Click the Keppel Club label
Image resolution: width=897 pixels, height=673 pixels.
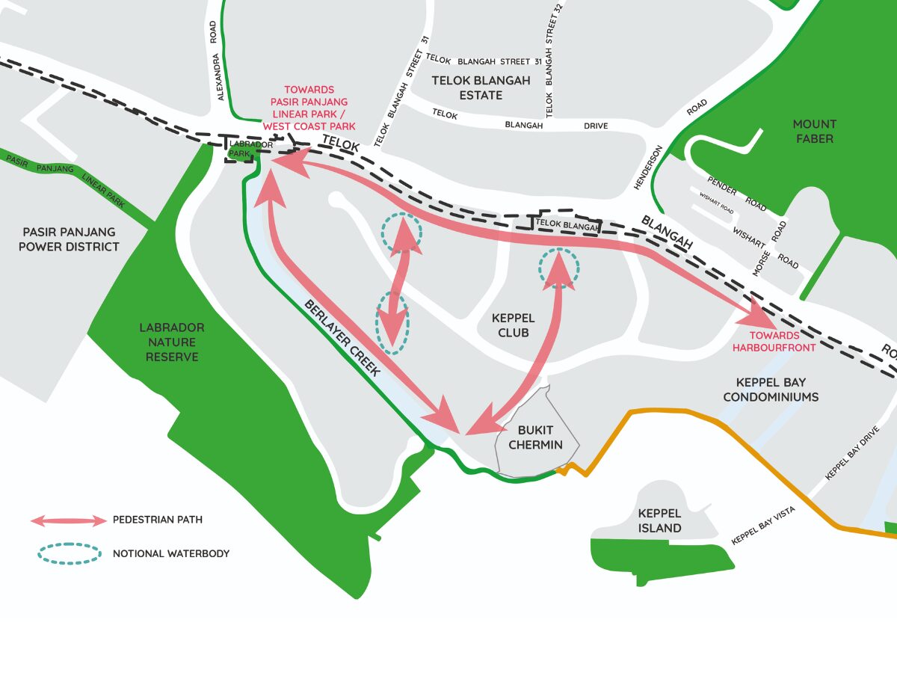(x=514, y=325)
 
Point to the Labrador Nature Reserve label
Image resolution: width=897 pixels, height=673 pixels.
(x=172, y=342)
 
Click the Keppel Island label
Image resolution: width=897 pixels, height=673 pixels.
(x=659, y=520)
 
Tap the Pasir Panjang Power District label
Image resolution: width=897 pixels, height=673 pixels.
(x=70, y=239)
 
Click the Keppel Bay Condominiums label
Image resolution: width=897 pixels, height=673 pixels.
(x=770, y=390)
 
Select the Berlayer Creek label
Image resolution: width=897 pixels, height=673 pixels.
(x=345, y=337)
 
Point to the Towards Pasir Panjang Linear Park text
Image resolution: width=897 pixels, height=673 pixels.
(x=309, y=108)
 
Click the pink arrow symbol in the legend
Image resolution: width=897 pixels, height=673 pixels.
(x=69, y=520)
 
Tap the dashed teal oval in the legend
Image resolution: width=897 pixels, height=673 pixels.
(x=69, y=553)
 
